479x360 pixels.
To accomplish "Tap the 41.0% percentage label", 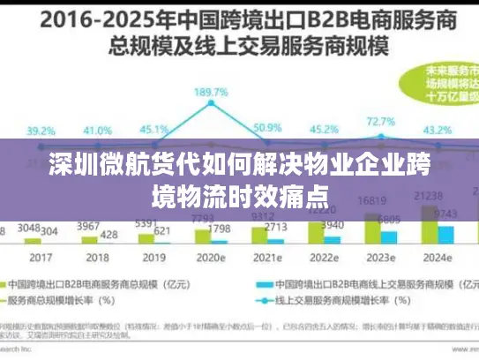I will pos(96,130).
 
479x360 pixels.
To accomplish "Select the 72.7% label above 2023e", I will pos(380,121).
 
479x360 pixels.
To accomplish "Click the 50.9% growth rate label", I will pos(266,129).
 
